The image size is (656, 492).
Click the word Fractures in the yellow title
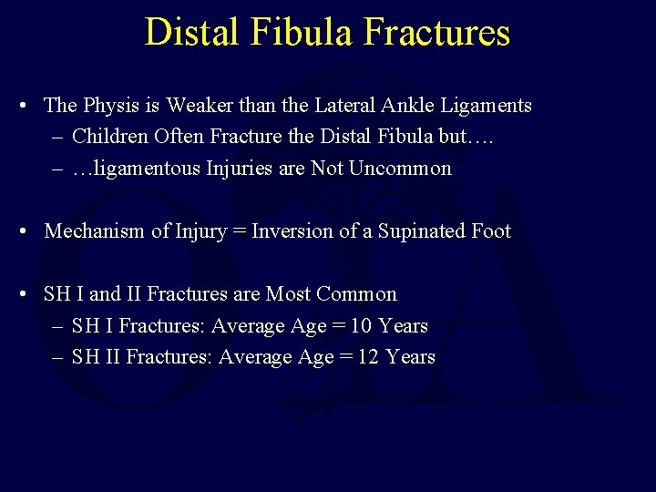(436, 32)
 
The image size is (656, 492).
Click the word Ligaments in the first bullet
(488, 106)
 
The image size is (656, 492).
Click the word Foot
(491, 231)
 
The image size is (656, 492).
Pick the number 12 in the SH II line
(368, 357)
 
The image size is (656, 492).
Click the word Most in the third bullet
(288, 294)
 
